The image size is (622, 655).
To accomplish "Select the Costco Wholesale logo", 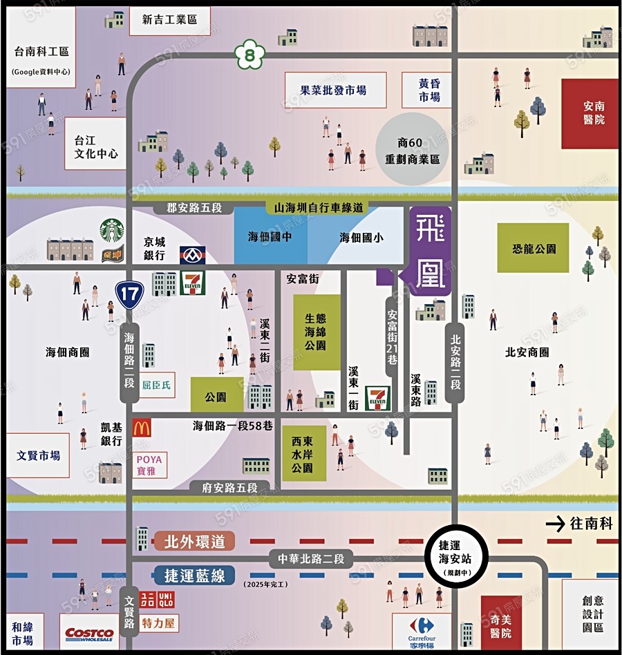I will point(89,634).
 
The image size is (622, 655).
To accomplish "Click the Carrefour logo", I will point(420,626).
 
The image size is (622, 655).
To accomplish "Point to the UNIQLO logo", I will point(160,600).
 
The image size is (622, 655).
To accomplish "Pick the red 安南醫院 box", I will point(590,113).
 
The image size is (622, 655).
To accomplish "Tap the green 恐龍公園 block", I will point(534,248).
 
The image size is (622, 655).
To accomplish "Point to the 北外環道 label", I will point(195,541).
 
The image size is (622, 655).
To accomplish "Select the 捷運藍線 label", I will point(195,575).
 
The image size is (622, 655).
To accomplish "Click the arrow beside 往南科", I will point(555,524).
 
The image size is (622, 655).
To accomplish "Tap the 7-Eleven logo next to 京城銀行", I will point(193,283).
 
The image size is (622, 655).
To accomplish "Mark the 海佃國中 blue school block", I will point(270,237).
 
